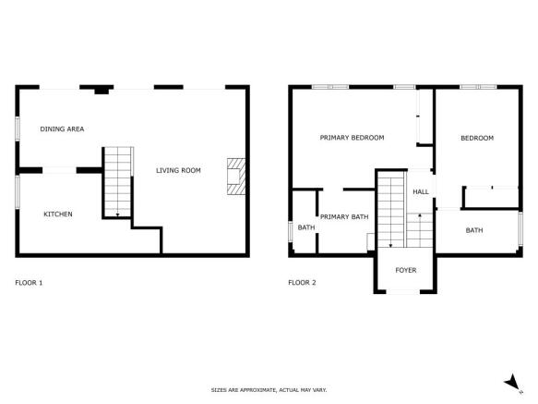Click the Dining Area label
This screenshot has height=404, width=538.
click(62, 129)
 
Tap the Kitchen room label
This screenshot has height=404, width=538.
click(58, 214)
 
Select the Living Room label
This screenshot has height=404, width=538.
click(178, 170)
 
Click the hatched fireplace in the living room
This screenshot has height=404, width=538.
click(236, 177)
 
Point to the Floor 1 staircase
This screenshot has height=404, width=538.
click(118, 182)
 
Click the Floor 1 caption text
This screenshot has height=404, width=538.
click(29, 283)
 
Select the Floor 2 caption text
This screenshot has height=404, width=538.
click(302, 283)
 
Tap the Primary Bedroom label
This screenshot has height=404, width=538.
click(352, 138)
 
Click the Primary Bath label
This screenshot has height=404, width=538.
click(344, 216)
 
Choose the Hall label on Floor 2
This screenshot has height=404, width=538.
click(421, 192)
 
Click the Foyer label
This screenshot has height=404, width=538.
click(406, 270)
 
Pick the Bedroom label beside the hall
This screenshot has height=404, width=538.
click(477, 138)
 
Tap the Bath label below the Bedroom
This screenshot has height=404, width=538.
click(474, 230)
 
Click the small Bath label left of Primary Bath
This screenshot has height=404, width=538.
click(306, 227)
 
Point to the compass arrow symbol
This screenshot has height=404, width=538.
click(513, 383)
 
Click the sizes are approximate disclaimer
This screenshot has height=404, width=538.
click(269, 390)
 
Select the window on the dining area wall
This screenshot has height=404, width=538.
click(18, 129)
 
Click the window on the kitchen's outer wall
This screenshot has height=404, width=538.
click(18, 192)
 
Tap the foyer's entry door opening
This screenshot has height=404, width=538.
click(403, 292)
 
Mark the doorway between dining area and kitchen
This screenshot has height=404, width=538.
click(59, 170)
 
